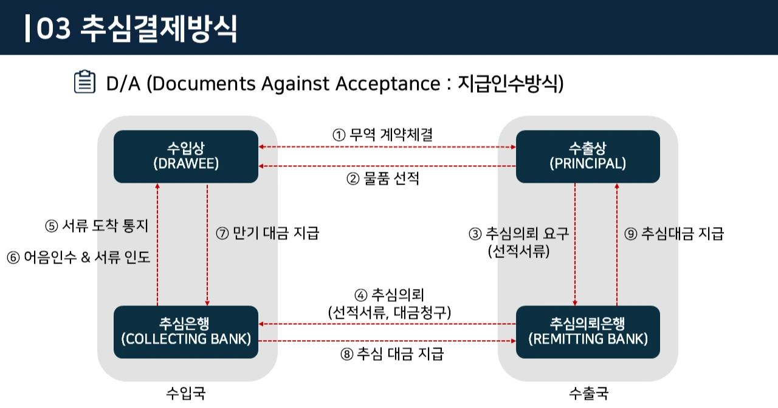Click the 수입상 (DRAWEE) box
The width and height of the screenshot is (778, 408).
click(185, 156)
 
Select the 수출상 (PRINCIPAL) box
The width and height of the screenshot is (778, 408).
click(588, 156)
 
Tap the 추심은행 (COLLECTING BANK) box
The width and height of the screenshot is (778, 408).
click(185, 331)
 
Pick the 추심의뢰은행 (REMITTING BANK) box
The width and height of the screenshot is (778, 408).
click(588, 331)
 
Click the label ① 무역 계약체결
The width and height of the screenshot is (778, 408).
click(383, 135)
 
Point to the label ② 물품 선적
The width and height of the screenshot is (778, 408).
click(383, 179)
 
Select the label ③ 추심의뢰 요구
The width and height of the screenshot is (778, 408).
click(518, 234)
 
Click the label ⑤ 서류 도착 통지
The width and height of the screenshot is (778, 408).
click(96, 226)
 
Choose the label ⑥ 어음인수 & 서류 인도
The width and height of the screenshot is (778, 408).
click(78, 257)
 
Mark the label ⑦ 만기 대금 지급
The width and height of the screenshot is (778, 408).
click(267, 233)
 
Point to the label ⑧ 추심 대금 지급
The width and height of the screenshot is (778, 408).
click(392, 354)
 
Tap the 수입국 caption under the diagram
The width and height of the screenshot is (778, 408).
click(185, 393)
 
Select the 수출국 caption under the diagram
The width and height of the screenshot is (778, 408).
click(588, 393)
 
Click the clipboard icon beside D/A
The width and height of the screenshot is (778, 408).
click(84, 82)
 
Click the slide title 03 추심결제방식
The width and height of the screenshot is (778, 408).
click(136, 29)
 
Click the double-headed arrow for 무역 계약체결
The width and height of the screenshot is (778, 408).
click(387, 148)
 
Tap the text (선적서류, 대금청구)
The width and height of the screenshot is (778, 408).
click(389, 313)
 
